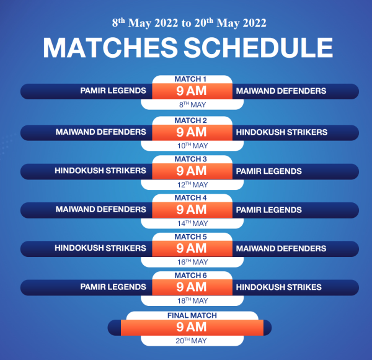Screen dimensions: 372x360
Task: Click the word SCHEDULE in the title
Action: click(259, 48)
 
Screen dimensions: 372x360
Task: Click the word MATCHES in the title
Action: click(110, 48)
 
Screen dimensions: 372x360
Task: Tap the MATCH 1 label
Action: click(190, 79)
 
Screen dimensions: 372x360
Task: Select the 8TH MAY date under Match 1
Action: click(192, 104)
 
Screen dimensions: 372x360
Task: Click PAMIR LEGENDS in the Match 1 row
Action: click(113, 91)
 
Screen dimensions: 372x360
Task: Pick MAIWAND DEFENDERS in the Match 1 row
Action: click(281, 91)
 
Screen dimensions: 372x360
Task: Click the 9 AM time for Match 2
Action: click(192, 132)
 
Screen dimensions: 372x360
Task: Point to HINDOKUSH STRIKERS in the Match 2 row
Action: click(281, 132)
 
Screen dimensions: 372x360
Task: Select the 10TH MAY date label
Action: click(193, 146)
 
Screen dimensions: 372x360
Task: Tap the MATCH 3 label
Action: click(191, 159)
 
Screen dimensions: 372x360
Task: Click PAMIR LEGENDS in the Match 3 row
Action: click(269, 171)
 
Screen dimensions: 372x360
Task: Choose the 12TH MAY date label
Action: click(193, 184)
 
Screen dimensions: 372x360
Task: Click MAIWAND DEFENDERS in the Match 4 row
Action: click(101, 209)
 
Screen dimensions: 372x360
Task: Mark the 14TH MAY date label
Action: click(193, 223)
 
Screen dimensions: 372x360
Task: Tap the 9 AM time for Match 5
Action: click(192, 248)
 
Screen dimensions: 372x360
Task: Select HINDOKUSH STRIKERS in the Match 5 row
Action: click(100, 248)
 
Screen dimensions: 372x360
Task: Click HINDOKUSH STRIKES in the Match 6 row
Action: click(279, 287)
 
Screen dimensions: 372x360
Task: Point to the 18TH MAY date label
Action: click(193, 300)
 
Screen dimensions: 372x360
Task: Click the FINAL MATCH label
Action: click(192, 315)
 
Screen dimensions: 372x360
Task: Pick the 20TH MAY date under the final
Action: click(191, 341)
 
